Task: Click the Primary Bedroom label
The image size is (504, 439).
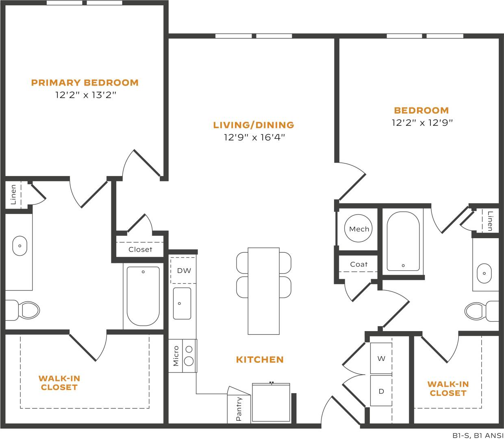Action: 85,83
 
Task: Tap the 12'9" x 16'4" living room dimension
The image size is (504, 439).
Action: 254,138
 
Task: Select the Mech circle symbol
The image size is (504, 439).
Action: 359,229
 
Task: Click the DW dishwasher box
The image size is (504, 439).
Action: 184,271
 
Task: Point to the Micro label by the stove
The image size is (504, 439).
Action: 176,356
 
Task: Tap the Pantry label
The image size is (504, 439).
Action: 239,409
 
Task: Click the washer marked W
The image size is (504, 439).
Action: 381,359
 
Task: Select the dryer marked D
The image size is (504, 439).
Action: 381,391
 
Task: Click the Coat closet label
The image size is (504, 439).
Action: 358,265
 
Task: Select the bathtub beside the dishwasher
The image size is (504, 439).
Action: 143,295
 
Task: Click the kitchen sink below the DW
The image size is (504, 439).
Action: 182,303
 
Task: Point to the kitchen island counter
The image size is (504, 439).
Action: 263,291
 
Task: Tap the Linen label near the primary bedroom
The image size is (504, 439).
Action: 13,194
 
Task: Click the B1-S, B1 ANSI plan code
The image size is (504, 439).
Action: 478,435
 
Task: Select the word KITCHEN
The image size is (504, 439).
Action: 260,359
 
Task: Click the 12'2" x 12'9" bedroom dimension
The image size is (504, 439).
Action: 422,123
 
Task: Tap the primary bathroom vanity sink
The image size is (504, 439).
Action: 20,246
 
